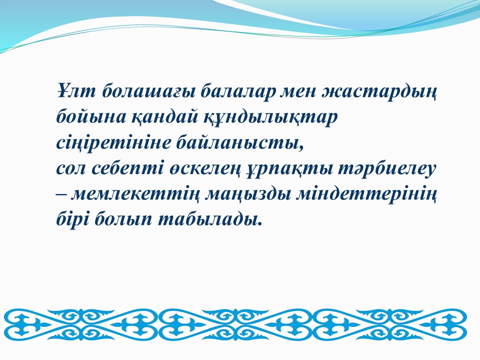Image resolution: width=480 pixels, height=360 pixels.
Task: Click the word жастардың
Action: coord(378,93)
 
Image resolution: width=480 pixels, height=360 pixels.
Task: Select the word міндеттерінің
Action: coord(366,195)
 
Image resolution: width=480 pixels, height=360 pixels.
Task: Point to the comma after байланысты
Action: coord(301,149)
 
